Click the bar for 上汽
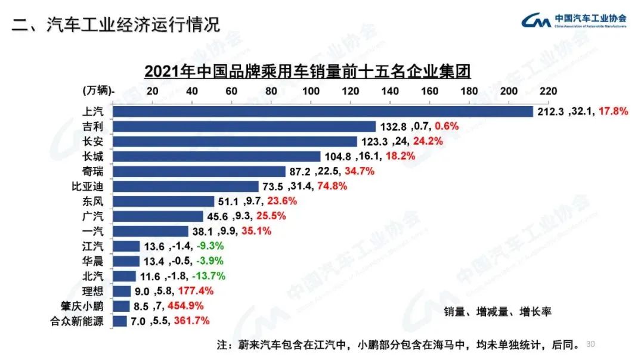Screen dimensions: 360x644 pyautogui.click(x=323, y=111)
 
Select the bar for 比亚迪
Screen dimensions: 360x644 pyautogui.click(x=185, y=187)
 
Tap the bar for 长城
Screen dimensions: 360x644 pyautogui.click(x=216, y=157)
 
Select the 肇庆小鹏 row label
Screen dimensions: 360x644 pyautogui.click(x=85, y=306)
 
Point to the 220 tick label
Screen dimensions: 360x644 pyautogui.click(x=548, y=91)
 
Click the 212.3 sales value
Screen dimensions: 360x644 pyautogui.click(x=550, y=111)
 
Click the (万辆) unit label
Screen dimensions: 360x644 pyautogui.click(x=98, y=91)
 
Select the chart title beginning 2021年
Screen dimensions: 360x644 pyautogui.click(x=308, y=72)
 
